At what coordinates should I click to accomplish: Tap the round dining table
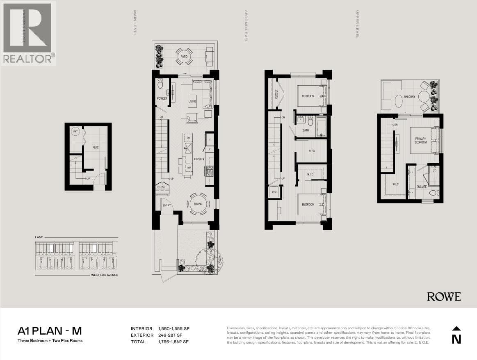coord(198,204)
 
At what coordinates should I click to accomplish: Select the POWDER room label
coord(162,99)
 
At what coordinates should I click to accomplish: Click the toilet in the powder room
coord(160,84)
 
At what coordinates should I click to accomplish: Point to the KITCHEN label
coord(199,159)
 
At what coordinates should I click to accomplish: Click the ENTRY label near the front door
coord(167,205)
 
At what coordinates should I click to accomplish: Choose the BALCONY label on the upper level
coord(409,97)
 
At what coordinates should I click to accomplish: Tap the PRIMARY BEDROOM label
coord(420,140)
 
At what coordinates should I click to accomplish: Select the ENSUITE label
coord(421,187)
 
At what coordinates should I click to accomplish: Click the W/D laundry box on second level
coord(274,191)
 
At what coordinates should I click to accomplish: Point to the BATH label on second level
coord(306,130)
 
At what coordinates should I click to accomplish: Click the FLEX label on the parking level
coord(95,147)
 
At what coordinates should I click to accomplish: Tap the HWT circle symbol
coord(75,132)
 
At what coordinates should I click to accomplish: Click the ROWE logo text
coord(444,296)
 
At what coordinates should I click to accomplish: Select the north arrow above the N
coord(456,328)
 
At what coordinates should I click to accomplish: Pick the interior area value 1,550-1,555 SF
coord(172,329)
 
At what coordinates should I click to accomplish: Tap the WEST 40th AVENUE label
coord(105,275)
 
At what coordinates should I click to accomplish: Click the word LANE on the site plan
coord(39,237)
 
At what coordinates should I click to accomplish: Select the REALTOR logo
coord(28,33)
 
